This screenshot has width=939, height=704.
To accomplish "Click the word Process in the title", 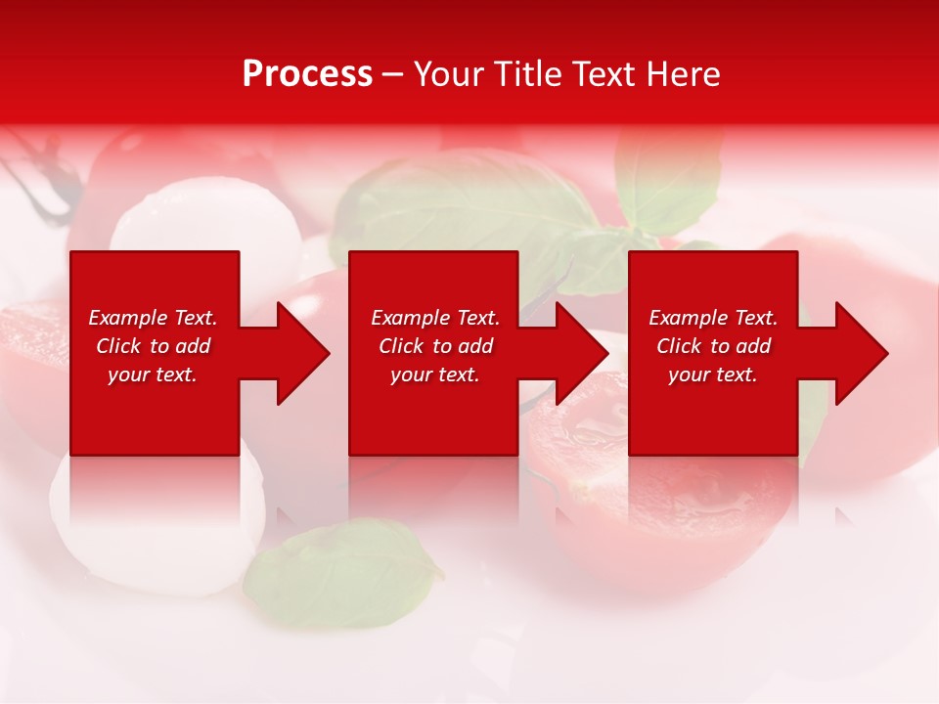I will click(x=307, y=74).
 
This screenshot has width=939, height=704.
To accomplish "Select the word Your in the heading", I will click(x=452, y=74).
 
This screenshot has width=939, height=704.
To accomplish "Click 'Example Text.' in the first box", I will click(x=153, y=318).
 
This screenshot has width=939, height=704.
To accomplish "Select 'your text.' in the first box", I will click(x=153, y=374).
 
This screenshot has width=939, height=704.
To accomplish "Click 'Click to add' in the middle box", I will click(x=435, y=346).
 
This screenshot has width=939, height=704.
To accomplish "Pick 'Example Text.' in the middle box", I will click(x=435, y=318).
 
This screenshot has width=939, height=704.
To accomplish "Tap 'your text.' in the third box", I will click(x=712, y=374).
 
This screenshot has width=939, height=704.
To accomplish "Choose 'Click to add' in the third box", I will click(x=713, y=346).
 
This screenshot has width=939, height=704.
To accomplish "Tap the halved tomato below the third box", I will click(x=665, y=508).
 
